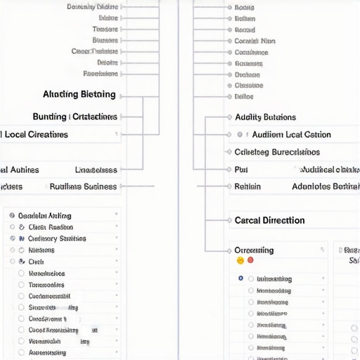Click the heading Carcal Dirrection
269,220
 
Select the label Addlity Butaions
265,117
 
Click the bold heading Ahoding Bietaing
79,94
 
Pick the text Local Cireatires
37,134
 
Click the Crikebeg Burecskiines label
276,152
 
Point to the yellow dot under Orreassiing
240,260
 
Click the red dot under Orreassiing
250,260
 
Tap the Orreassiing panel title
254,250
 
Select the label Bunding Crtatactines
75,117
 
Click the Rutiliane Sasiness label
83,187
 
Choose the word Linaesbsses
96,170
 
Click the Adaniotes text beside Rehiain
325,186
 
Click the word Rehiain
247,186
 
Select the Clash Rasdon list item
51,227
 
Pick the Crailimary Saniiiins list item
57,238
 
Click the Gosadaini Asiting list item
44,216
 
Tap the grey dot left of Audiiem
240,134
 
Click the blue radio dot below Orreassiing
241,278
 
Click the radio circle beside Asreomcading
21,352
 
